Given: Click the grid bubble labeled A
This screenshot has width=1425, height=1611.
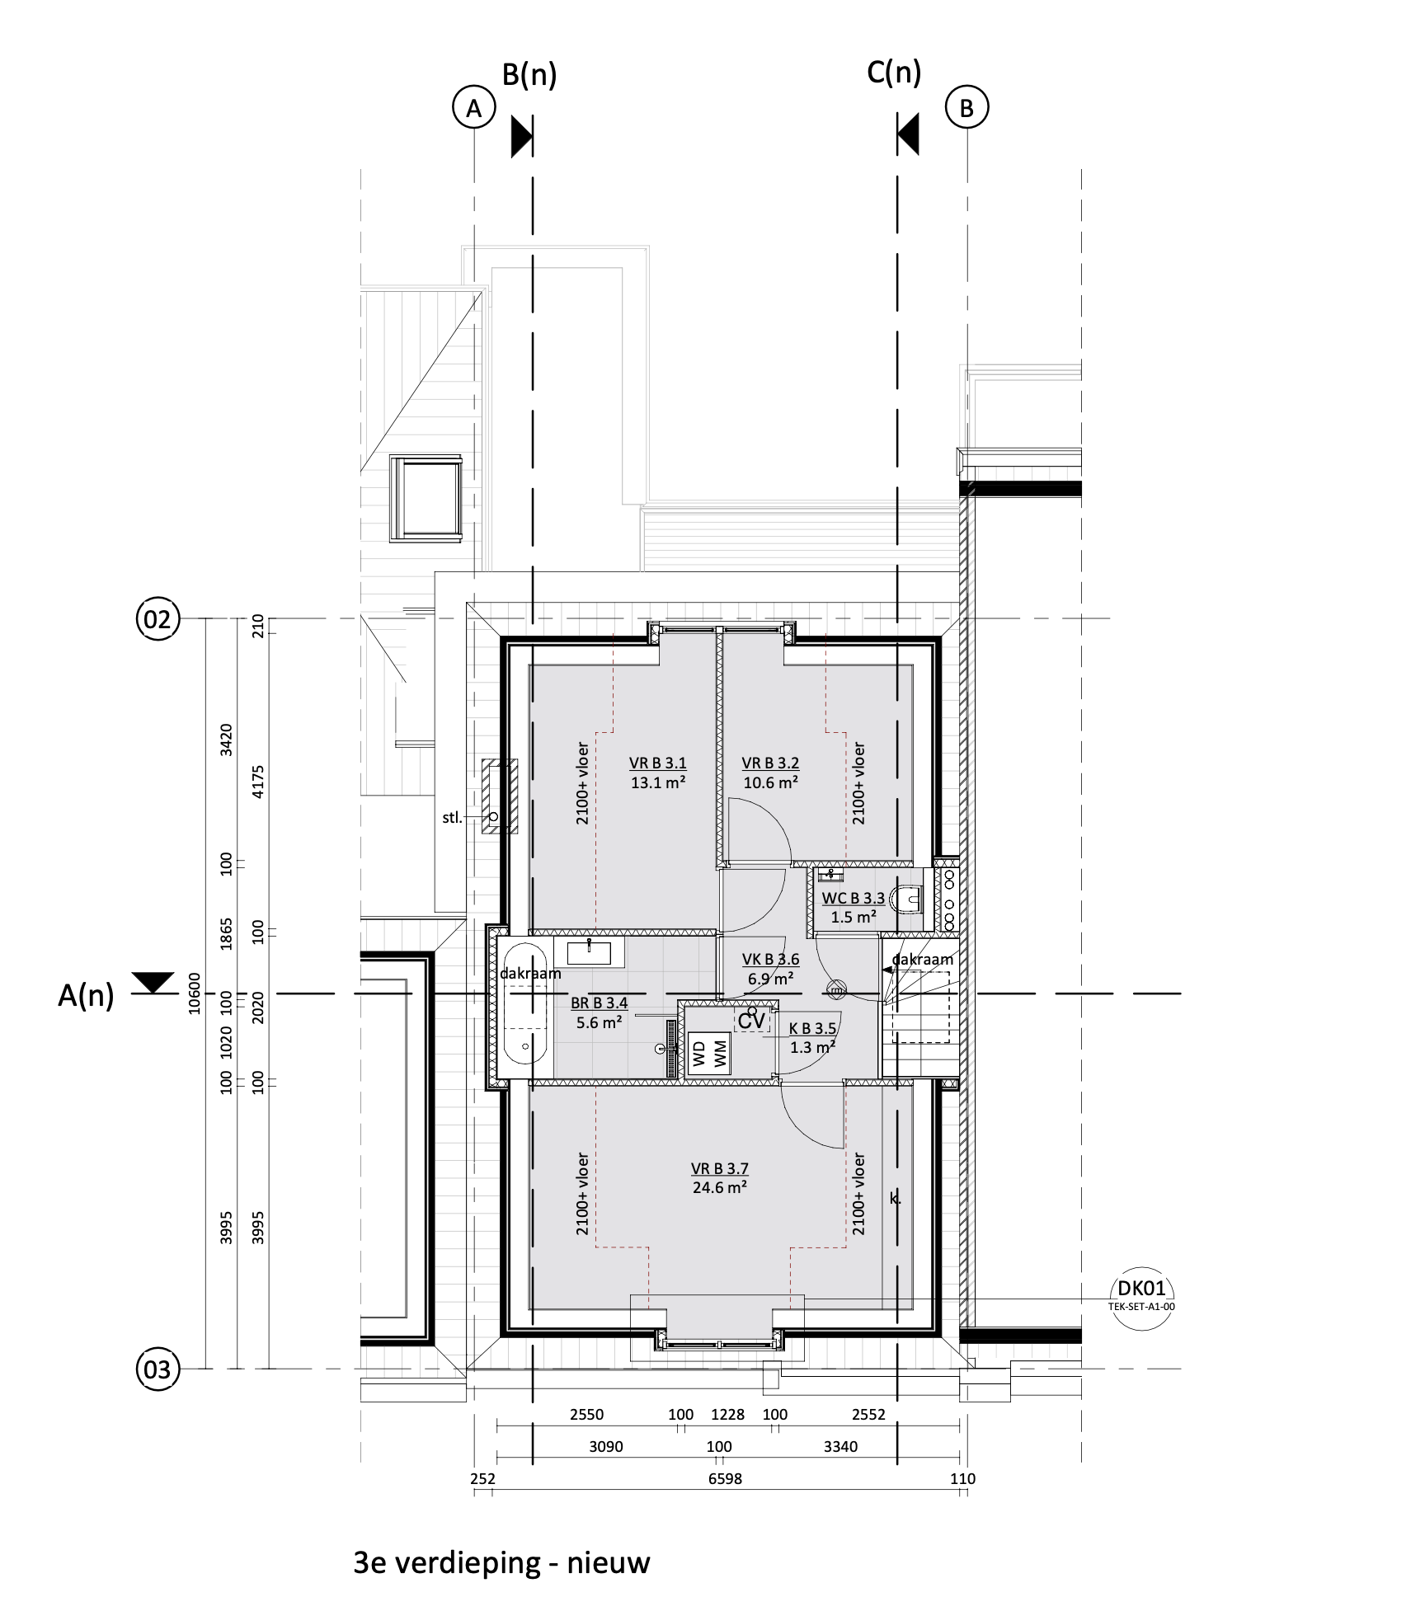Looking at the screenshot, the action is tap(473, 108).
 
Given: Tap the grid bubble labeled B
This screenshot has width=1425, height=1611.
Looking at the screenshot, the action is tap(967, 108).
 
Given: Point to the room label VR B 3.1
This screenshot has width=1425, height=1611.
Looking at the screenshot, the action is tap(658, 763).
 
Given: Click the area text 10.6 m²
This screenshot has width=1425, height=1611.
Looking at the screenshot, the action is tap(770, 782).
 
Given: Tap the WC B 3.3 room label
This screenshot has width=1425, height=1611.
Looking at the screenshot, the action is tap(854, 898).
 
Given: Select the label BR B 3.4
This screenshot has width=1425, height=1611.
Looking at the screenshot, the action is tap(600, 1003).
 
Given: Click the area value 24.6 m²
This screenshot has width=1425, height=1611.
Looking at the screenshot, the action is tap(720, 1187).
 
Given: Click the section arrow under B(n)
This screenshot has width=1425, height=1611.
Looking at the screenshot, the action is tap(521, 136).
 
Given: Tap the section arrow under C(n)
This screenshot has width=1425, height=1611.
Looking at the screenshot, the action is tap(908, 136).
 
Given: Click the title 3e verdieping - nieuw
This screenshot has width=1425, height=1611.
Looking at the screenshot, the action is tap(501, 1562).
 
